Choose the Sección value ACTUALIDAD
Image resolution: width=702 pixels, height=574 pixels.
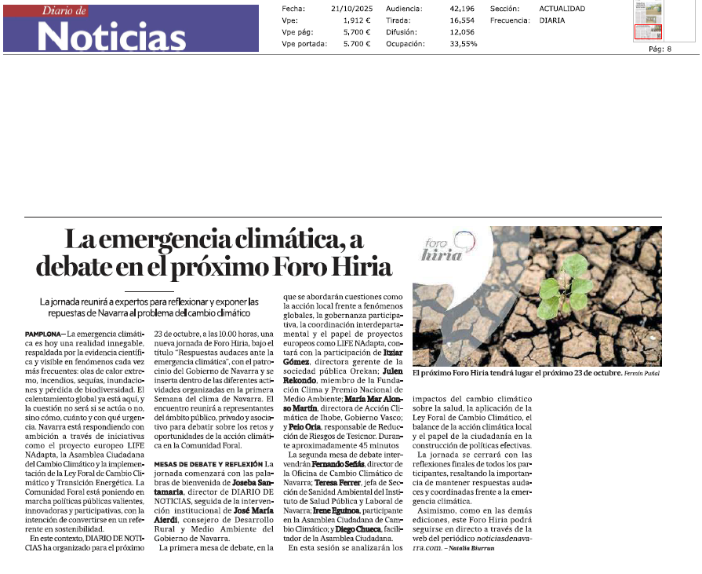(562, 9)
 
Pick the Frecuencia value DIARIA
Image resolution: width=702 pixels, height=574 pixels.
(552, 20)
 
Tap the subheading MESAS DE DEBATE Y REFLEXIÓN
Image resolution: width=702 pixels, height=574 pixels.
(208, 464)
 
